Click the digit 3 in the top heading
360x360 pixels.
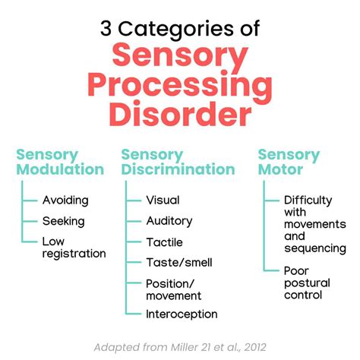click(x=108, y=30)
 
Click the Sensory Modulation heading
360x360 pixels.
click(x=60, y=161)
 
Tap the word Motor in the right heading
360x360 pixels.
click(x=280, y=169)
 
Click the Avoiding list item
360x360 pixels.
click(x=65, y=201)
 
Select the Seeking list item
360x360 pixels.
click(x=65, y=221)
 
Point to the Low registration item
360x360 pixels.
click(x=74, y=248)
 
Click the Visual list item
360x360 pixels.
click(x=163, y=201)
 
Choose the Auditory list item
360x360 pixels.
click(x=169, y=221)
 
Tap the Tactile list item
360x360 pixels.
click(x=164, y=242)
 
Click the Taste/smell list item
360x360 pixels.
click(x=179, y=262)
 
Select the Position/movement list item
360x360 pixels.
click(x=173, y=289)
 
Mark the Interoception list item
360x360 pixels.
click(x=182, y=314)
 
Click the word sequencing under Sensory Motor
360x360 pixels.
click(x=314, y=248)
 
